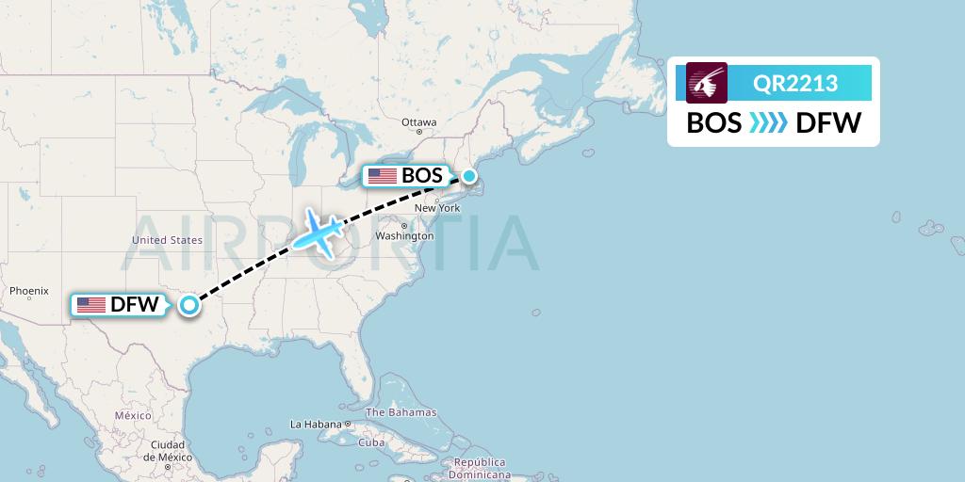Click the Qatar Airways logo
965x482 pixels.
click(707, 83)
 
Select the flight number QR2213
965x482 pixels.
click(795, 84)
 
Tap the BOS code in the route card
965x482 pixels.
click(713, 123)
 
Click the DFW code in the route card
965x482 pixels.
click(828, 123)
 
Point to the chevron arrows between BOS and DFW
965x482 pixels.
click(767, 123)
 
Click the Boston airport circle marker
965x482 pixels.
click(468, 176)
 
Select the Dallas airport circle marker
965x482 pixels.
click(190, 304)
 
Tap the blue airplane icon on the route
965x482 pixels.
click(319, 233)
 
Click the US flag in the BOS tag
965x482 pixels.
click(383, 176)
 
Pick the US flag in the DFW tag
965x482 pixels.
click(91, 305)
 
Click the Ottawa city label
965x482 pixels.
click(418, 122)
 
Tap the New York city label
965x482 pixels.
click(436, 208)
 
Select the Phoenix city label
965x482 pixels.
click(28, 291)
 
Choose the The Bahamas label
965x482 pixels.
click(401, 412)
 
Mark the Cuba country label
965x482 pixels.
click(371, 442)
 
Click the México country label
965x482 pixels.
click(133, 415)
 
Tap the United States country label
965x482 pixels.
click(167, 240)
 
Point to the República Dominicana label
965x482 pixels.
click(479, 468)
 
